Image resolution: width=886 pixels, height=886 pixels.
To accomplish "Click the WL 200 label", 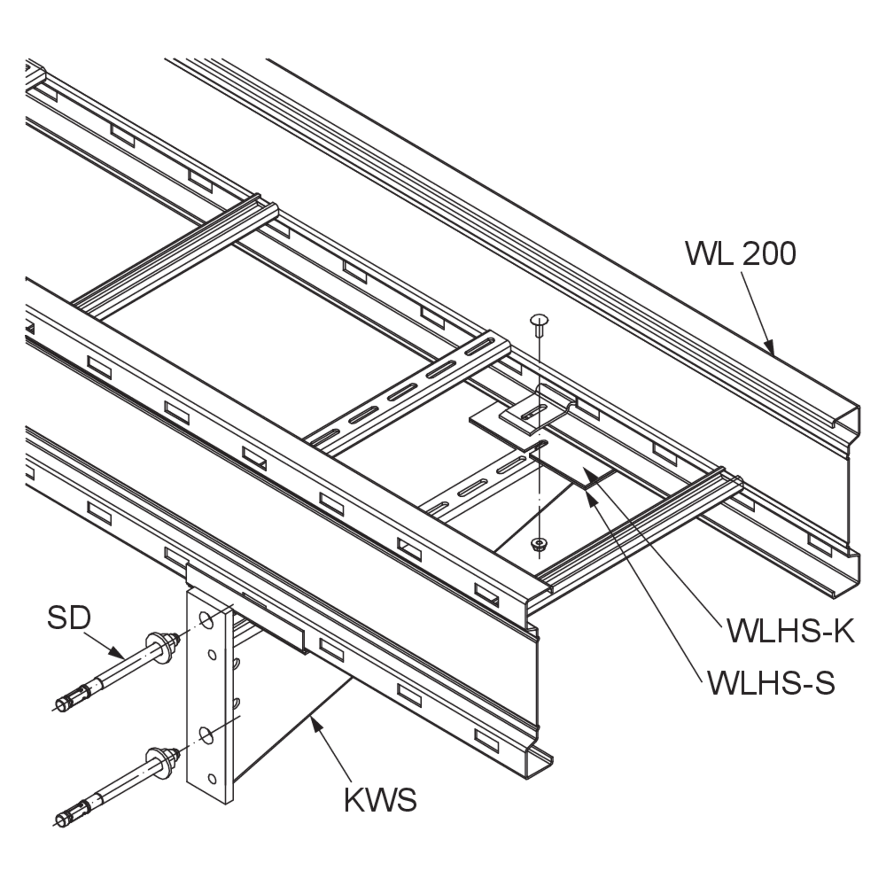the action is [x=741, y=253].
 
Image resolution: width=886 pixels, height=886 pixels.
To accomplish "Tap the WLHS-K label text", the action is [x=790, y=632].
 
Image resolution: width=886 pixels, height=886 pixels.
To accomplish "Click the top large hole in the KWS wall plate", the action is [x=206, y=621].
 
